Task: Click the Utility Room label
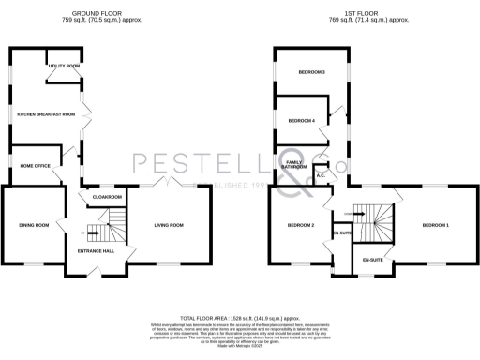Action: [65, 67]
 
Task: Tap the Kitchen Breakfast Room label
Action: [46, 113]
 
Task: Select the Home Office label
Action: [36, 165]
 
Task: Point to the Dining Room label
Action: [34, 225]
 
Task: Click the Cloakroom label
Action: [108, 197]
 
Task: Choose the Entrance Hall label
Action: [96, 251]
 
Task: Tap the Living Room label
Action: [169, 225]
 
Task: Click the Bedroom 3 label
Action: [311, 72]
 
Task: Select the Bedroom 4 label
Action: [300, 120]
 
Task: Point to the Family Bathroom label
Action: [297, 165]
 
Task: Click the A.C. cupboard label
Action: [321, 174]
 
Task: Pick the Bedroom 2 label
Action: [300, 225]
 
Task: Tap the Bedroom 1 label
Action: [435, 225]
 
